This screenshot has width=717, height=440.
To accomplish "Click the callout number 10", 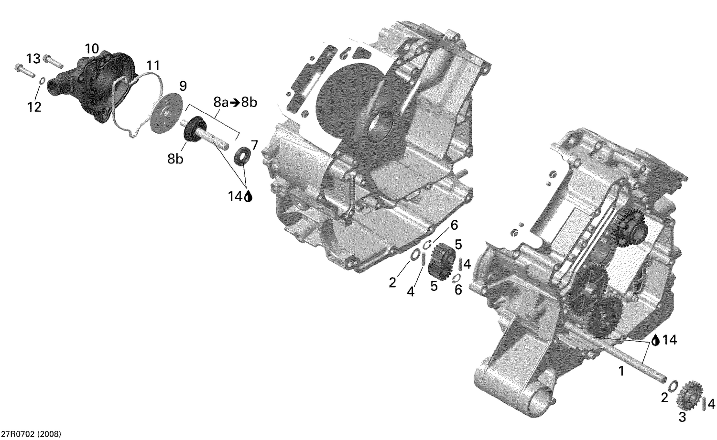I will [x=92, y=48].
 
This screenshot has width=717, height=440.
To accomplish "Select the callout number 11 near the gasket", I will [x=153, y=65].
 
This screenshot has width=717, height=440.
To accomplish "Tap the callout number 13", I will [x=33, y=59].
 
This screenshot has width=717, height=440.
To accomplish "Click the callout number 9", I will [x=183, y=86].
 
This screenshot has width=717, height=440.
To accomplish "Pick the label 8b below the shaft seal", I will [x=175, y=159].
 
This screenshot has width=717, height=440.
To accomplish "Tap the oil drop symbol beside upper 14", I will [x=248, y=196].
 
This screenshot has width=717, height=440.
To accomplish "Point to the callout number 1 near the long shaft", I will [x=621, y=370].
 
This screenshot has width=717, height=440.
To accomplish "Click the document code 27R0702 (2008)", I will [x=31, y=434].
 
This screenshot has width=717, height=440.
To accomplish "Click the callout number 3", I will [x=682, y=417].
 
